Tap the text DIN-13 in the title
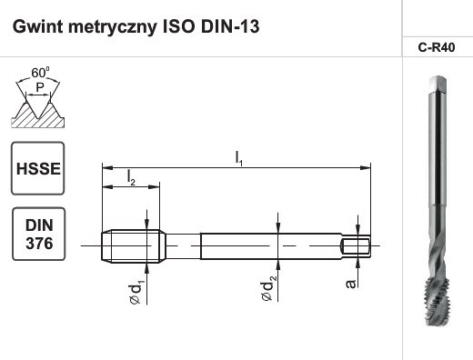point(229,25)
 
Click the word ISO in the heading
point(178,25)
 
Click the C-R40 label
point(436,49)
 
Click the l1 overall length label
point(238,158)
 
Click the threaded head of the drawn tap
point(133,243)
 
